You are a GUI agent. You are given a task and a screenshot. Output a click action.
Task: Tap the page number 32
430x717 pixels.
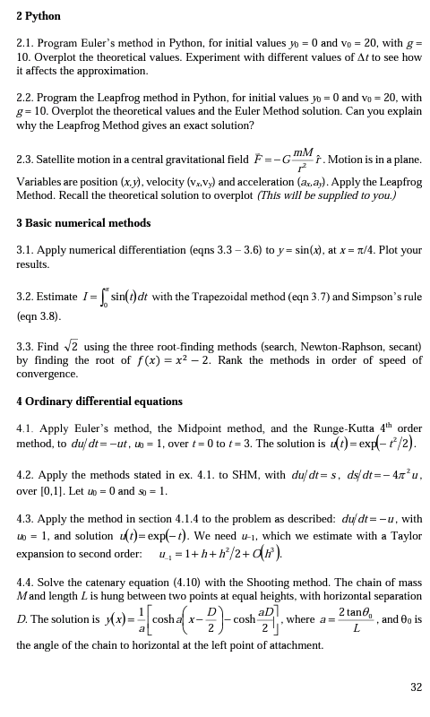[416, 687]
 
